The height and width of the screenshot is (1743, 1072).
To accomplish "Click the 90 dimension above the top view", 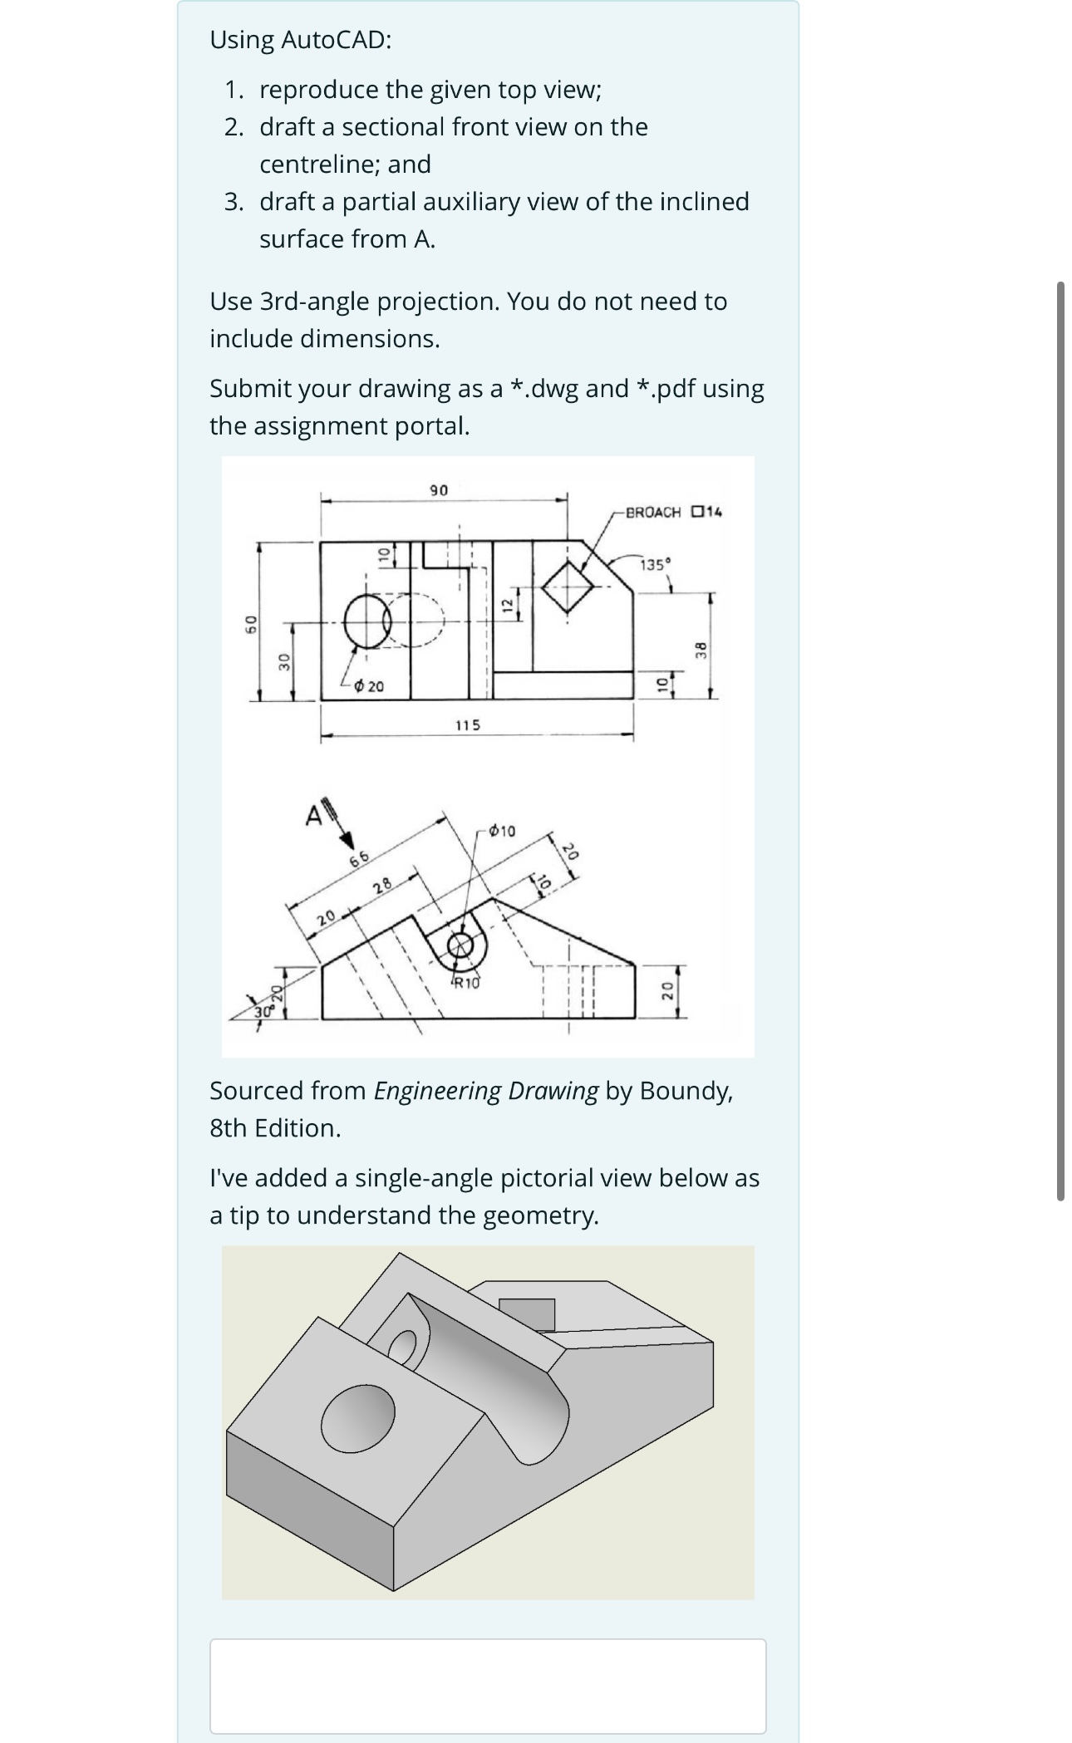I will click(439, 490).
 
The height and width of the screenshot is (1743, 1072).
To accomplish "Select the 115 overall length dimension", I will click(468, 725).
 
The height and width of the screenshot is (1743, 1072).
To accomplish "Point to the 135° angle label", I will click(653, 565).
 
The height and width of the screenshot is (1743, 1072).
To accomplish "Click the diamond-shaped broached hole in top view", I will click(568, 587).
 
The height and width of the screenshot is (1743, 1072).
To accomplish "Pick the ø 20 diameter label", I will click(369, 686).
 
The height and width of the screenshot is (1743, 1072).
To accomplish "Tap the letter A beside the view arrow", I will click(312, 817).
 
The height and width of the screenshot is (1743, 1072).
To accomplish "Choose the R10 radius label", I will click(466, 984).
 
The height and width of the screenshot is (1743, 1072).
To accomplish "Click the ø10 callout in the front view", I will click(502, 830).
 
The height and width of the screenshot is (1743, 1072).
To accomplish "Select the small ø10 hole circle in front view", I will click(460, 945).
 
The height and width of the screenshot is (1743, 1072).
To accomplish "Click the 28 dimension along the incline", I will click(382, 886).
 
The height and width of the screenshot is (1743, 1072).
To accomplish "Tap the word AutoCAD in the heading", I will click(336, 40).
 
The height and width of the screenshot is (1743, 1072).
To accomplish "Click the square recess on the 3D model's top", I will click(527, 1314).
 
